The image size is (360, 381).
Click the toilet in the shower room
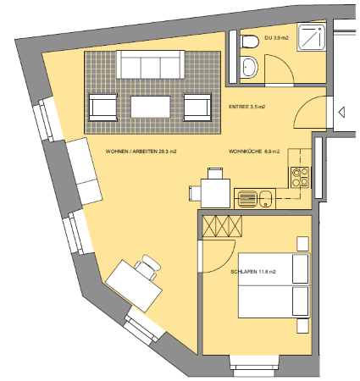click(250, 41)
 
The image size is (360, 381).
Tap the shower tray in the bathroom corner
click(312, 37)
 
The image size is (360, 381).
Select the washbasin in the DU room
click(249, 67)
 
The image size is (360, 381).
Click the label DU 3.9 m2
click(276, 38)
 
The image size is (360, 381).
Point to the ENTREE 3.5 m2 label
click(247, 107)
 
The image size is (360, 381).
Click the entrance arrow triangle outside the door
click(341, 112)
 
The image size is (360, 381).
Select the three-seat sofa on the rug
click(151, 64)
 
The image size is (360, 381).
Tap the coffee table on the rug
click(151, 107)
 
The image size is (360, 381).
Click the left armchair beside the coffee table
click(102, 108)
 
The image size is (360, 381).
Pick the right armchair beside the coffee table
click(197, 108)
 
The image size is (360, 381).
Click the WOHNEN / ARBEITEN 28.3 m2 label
click(141, 152)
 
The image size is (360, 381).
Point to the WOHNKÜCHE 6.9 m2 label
click(254, 152)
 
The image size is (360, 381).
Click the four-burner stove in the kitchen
click(300, 177)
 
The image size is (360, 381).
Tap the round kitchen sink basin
click(265, 199)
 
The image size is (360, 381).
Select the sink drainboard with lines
click(247, 199)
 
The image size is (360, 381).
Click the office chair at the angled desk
click(148, 267)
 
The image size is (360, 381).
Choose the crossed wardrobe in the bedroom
click(223, 226)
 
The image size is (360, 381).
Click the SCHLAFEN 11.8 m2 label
click(253, 272)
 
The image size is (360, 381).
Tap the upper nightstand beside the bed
click(302, 244)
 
